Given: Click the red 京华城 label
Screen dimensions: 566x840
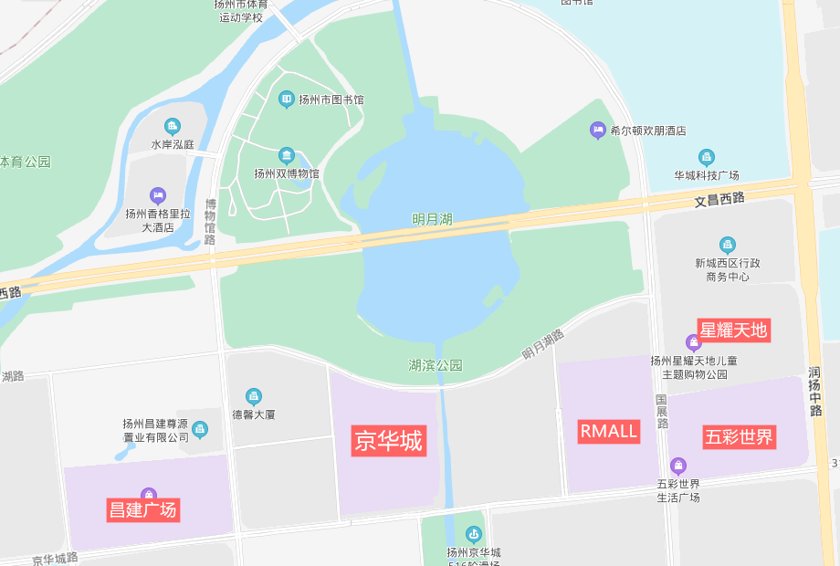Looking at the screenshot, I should (x=388, y=442).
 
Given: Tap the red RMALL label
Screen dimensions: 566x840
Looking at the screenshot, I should (x=608, y=431).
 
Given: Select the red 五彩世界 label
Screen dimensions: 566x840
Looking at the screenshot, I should (x=739, y=437).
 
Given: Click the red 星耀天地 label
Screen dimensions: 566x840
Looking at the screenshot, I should (x=733, y=330).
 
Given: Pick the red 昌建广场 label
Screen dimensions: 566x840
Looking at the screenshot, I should (x=142, y=509).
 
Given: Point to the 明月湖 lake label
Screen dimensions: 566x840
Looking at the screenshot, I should (x=432, y=219).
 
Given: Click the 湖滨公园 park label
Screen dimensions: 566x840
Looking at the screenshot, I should (x=436, y=365).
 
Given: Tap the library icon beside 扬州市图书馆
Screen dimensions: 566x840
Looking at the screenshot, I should (x=287, y=99).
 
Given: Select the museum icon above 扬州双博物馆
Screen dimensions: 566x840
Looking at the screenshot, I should (x=287, y=156).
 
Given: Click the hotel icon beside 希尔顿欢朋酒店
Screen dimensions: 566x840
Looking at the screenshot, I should (x=597, y=131).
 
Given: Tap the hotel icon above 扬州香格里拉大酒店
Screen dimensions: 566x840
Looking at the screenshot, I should (x=158, y=195).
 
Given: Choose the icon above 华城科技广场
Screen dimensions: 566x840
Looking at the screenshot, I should (x=706, y=157).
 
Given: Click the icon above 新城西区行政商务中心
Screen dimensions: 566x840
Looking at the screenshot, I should (x=727, y=245).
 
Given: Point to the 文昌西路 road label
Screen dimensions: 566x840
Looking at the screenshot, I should (x=719, y=198).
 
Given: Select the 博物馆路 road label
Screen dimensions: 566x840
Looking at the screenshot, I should (x=211, y=222).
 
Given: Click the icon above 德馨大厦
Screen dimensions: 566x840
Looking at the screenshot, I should (x=253, y=396).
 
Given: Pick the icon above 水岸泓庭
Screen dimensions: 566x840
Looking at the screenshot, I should (x=173, y=126).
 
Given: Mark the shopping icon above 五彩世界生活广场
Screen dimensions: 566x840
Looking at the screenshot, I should (x=677, y=466).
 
